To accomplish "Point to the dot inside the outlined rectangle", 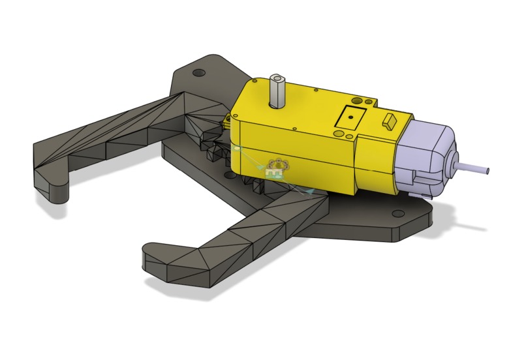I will tap(350, 117).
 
